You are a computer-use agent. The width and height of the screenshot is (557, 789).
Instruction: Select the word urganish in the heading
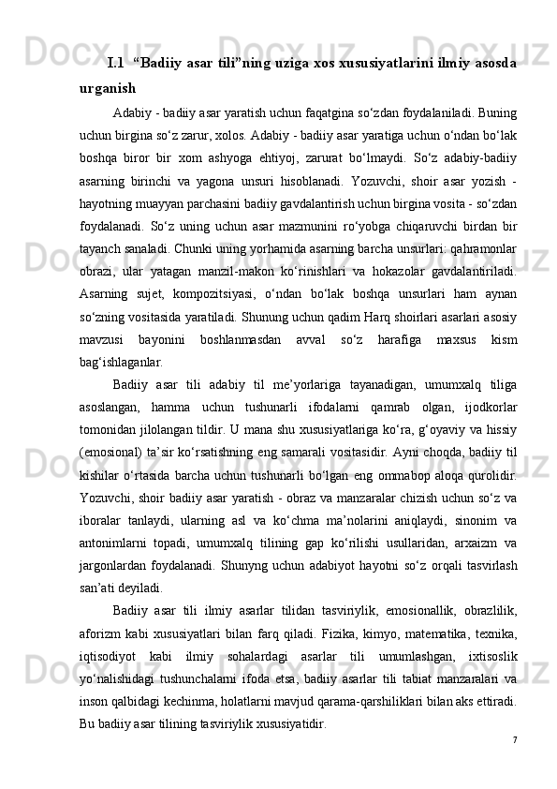point(108,90)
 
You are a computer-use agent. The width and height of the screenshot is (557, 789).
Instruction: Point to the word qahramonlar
point(481,224)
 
